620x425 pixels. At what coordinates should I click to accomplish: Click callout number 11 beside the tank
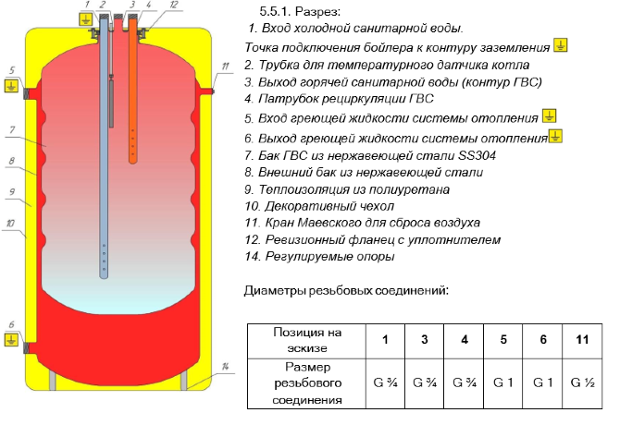[x=225, y=65]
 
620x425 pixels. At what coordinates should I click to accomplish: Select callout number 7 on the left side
[x=11, y=129]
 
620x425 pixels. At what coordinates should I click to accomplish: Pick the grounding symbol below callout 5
[x=10, y=87]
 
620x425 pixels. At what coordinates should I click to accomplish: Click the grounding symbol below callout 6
[x=10, y=340]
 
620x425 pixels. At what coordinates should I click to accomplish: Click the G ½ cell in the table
[x=581, y=381]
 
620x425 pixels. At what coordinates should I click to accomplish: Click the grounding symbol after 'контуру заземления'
[x=560, y=46]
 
